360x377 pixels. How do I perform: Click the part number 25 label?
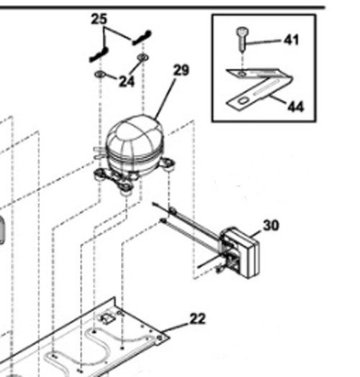point(99,19)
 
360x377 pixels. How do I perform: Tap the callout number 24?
point(127,81)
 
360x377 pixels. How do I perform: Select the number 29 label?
point(181,71)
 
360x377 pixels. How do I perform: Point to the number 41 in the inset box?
point(292,40)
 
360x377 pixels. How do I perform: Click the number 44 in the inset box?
point(296,106)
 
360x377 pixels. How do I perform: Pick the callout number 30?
point(271,225)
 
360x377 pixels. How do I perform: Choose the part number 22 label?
point(198,319)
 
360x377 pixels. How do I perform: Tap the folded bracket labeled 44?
point(258,89)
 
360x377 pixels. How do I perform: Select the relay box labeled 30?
point(240,253)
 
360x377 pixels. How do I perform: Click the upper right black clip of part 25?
point(142,37)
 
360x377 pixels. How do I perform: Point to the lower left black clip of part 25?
point(99,55)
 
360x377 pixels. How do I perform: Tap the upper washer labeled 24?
point(143,58)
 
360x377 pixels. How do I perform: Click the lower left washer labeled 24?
point(100,74)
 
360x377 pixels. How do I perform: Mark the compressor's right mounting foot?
point(167,163)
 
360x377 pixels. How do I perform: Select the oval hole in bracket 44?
point(243,101)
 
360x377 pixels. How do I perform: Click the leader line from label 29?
point(165,99)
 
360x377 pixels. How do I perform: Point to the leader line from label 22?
point(176,328)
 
